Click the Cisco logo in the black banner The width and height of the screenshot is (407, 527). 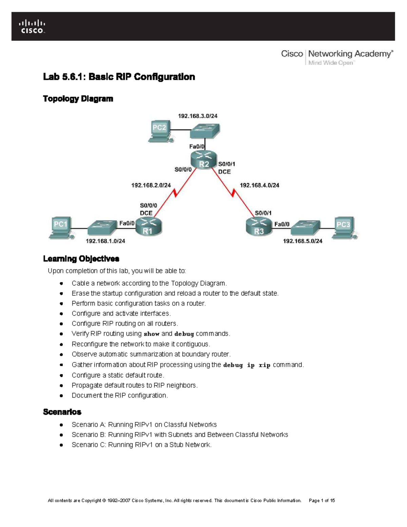coord(32,26)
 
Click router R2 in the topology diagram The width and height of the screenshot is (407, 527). coord(203,159)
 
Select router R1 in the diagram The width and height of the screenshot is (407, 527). coord(149,226)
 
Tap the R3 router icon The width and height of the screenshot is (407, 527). coord(259,226)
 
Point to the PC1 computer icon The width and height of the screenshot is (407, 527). coord(61,227)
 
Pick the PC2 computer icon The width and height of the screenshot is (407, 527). coord(160,131)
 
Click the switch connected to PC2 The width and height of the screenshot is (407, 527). coord(205,130)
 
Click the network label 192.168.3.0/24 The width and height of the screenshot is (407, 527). coord(198,116)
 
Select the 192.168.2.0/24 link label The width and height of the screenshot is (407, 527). coord(151,185)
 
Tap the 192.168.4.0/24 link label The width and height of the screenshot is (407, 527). coord(259,185)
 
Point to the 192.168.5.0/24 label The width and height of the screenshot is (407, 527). coord(303,241)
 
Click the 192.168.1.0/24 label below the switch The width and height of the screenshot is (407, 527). coord(105,241)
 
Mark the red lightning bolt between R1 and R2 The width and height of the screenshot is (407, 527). coord(175,193)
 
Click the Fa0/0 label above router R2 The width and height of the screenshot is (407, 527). coord(197,147)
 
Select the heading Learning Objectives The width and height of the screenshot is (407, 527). coord(81,259)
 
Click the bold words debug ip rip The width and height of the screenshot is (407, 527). coord(247,365)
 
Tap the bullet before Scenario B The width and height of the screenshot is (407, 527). coord(61,435)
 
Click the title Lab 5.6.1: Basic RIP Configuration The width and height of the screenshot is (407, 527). coord(119,77)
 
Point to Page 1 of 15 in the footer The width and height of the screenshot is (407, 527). coord(322,501)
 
